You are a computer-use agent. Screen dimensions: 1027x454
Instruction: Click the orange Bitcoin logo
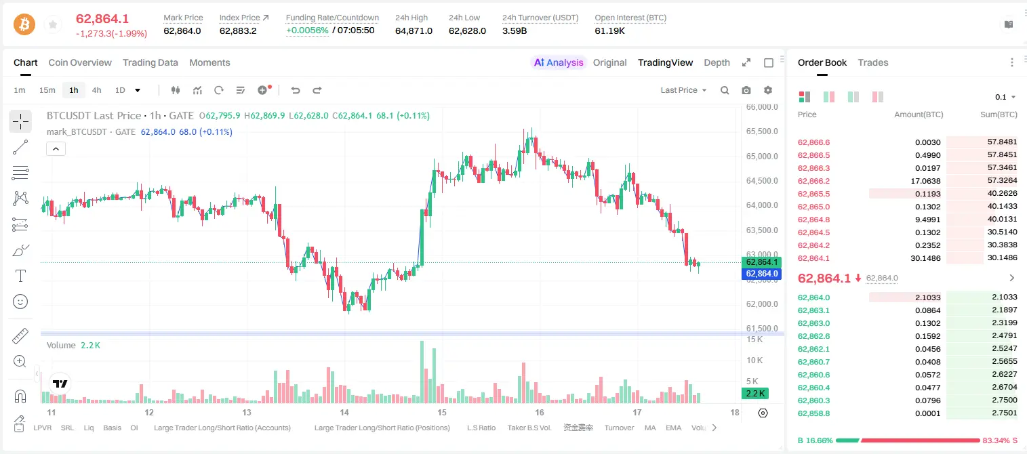(x=24, y=24)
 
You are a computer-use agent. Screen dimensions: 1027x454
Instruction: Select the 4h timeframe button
(x=96, y=90)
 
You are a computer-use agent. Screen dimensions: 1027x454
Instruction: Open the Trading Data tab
(x=150, y=63)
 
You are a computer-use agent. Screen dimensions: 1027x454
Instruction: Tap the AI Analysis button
(x=559, y=63)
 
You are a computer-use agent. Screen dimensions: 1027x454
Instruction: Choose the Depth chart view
(x=717, y=63)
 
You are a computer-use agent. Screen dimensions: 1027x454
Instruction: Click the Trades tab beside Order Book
(x=873, y=63)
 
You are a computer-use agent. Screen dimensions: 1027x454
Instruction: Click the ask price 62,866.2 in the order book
(x=814, y=181)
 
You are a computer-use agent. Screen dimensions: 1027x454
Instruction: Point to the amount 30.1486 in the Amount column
(x=925, y=258)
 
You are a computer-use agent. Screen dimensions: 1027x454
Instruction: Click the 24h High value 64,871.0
(x=414, y=30)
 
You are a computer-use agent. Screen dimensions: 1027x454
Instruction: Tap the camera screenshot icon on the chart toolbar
(x=746, y=90)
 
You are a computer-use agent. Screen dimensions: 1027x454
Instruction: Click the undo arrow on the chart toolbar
(x=296, y=90)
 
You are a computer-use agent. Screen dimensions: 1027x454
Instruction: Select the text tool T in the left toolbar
(x=20, y=276)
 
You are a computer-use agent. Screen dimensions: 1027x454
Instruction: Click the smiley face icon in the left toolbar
(x=20, y=302)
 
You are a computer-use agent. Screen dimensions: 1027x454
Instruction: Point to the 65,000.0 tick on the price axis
(x=762, y=157)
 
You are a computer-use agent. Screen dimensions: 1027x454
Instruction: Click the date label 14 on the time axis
(x=344, y=412)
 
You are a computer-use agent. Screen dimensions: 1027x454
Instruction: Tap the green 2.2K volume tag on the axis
(x=755, y=393)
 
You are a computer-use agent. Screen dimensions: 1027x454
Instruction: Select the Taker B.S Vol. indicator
(x=529, y=428)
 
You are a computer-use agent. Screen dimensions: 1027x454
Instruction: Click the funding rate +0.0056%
(x=307, y=30)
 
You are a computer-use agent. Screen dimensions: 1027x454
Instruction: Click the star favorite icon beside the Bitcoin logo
(x=53, y=24)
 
